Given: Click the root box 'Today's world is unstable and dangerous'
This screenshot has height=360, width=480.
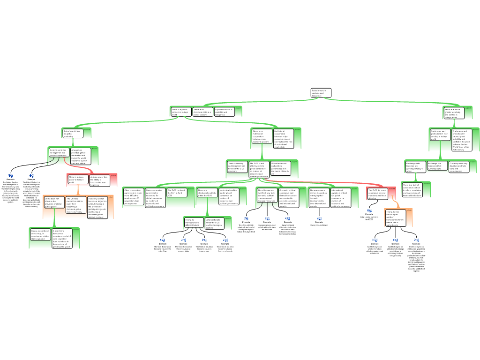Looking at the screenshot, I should pyautogui.click(x=321, y=93).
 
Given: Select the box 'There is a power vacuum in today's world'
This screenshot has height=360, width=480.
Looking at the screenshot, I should pyautogui.click(x=181, y=112).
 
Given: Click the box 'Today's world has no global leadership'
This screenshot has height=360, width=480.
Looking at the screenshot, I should pyautogui.click(x=73, y=133).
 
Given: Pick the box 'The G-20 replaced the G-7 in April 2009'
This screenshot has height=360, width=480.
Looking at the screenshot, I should pyautogui.click(x=176, y=193).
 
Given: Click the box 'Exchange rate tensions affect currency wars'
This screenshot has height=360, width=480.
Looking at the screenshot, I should pyautogui.click(x=437, y=166).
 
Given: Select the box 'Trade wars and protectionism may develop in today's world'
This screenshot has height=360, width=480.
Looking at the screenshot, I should pyautogui.click(x=440, y=135).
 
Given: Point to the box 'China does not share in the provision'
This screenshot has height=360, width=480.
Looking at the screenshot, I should pyautogui.click(x=54, y=202).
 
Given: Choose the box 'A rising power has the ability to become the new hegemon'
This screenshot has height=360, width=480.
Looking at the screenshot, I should pyautogui.click(x=99, y=180).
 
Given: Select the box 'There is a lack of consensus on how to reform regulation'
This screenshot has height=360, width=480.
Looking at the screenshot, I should pyautogui.click(x=412, y=189).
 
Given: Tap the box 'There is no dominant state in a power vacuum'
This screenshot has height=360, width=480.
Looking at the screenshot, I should pyautogui.click(x=202, y=112).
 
